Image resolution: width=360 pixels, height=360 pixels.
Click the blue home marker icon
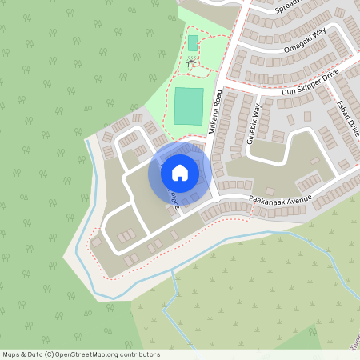click(x=180, y=171)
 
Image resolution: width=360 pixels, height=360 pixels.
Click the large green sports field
click(x=190, y=106)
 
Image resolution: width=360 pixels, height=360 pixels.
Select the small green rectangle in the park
click(x=192, y=42)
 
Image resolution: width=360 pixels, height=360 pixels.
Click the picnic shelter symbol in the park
click(x=190, y=62)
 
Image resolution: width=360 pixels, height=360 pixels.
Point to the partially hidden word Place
click(x=174, y=200)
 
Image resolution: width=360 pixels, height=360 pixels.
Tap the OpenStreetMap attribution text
click(x=81, y=354)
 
